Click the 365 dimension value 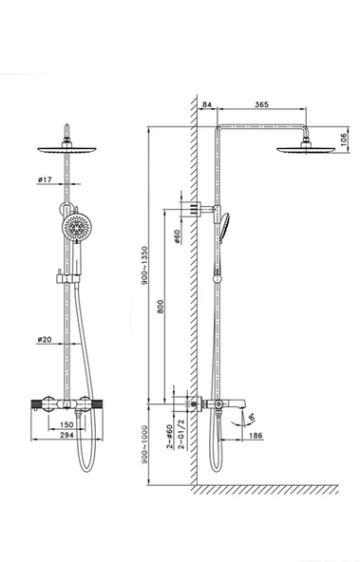(261, 104)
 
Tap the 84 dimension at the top (207, 104)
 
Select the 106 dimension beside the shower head (344, 140)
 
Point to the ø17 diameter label (45, 179)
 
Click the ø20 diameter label (45, 339)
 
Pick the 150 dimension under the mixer (66, 424)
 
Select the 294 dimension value (66, 435)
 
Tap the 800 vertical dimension (161, 307)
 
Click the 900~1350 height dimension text (144, 265)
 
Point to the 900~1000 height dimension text (144, 444)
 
